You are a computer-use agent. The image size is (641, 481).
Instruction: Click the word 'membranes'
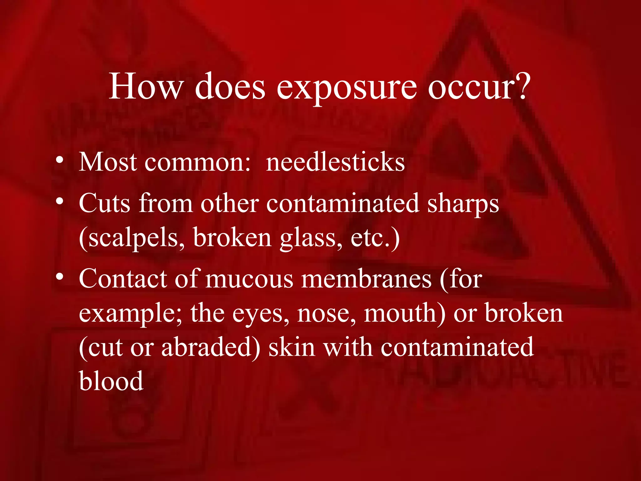pos(366,279)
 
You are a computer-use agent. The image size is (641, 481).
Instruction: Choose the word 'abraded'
pos(210,347)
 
